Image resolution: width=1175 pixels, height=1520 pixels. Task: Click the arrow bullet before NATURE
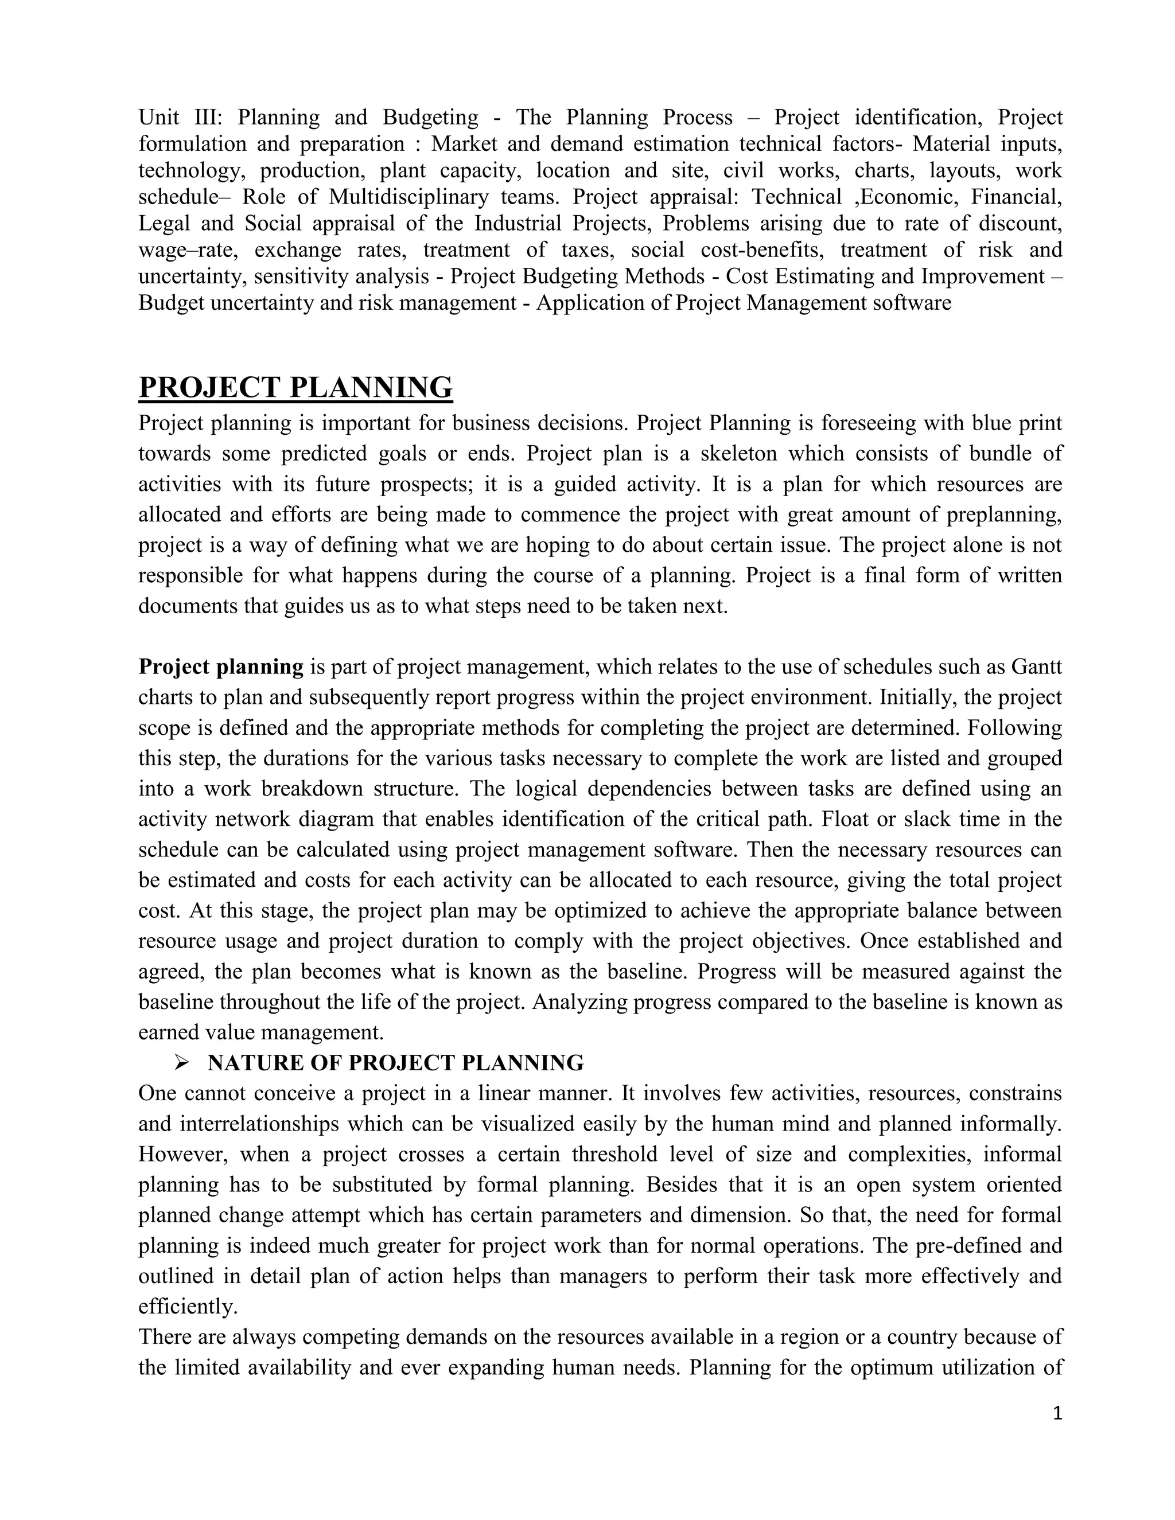pyautogui.click(x=182, y=1063)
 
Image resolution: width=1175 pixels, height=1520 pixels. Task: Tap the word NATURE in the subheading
pyautogui.click(x=246, y=1063)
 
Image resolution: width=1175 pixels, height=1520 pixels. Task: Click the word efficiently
pyautogui.click(x=188, y=1307)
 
